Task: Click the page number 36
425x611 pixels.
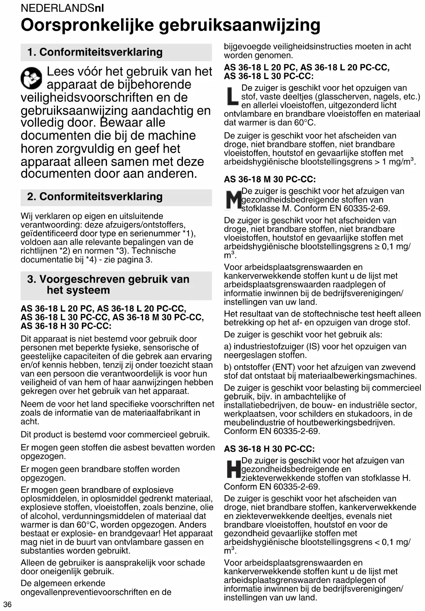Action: (8, 604)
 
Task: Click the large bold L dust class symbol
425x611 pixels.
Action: (233, 97)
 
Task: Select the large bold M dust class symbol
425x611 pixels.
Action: (233, 200)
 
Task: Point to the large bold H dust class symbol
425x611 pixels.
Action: (233, 470)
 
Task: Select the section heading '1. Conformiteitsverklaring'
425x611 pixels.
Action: (95, 52)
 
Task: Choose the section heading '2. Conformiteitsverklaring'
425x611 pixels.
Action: (95, 196)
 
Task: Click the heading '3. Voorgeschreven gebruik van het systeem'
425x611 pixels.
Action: (108, 285)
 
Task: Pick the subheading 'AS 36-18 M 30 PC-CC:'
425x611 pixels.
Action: (270, 179)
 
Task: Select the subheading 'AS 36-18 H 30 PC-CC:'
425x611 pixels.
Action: (269, 449)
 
